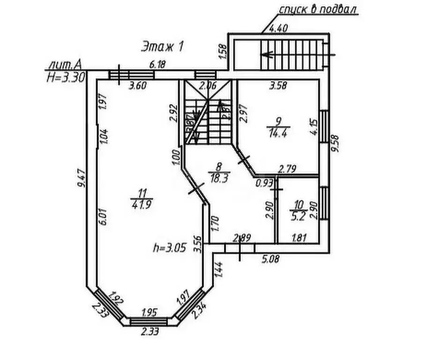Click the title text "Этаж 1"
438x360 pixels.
click(162, 46)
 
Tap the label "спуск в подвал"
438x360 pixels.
click(319, 9)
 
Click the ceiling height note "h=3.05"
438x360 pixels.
click(171, 247)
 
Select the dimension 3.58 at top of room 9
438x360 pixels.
click(277, 86)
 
